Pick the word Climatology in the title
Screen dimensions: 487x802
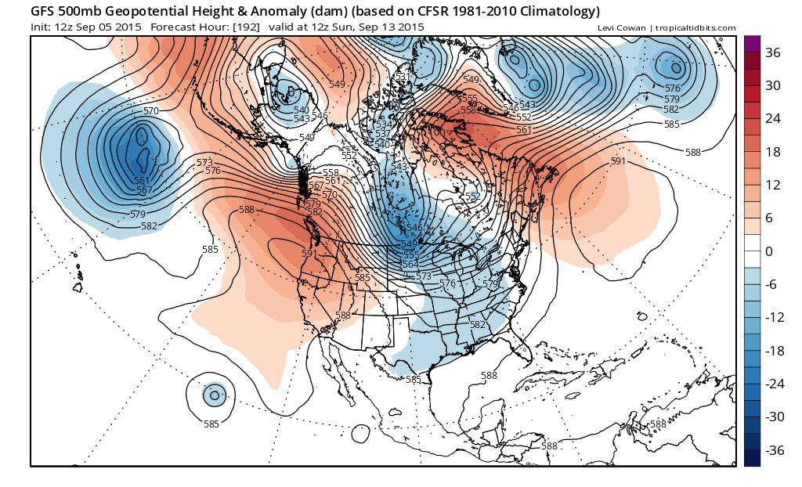pos(557,12)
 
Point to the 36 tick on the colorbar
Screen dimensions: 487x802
pos(772,53)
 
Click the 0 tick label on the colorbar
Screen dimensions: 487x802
pos(768,251)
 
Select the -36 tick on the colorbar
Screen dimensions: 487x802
pos(774,450)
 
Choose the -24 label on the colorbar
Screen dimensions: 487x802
pos(774,384)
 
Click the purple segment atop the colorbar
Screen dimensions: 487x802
pos(751,44)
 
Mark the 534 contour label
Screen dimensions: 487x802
pos(384,124)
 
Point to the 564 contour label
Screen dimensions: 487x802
pos(409,265)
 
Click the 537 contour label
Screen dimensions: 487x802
pos(382,134)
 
